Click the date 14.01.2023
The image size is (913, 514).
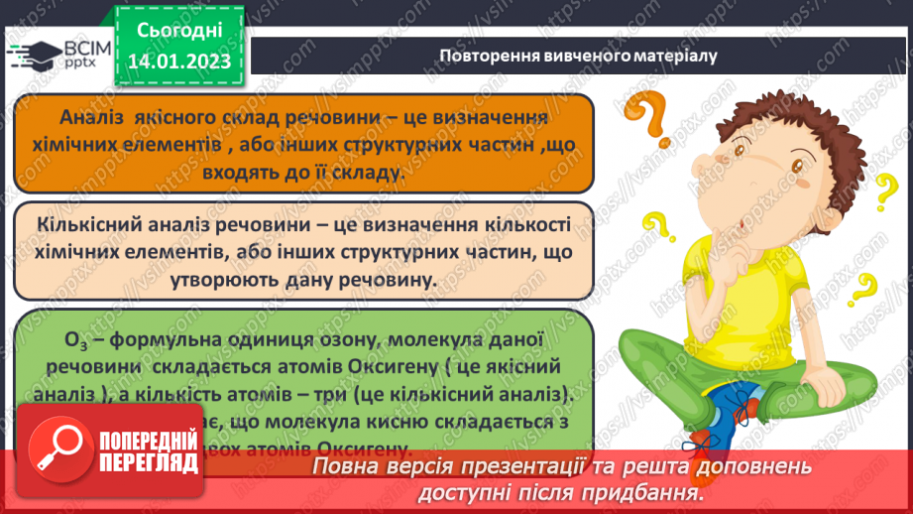pos(177,63)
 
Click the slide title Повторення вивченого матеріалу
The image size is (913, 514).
pos(578,56)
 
